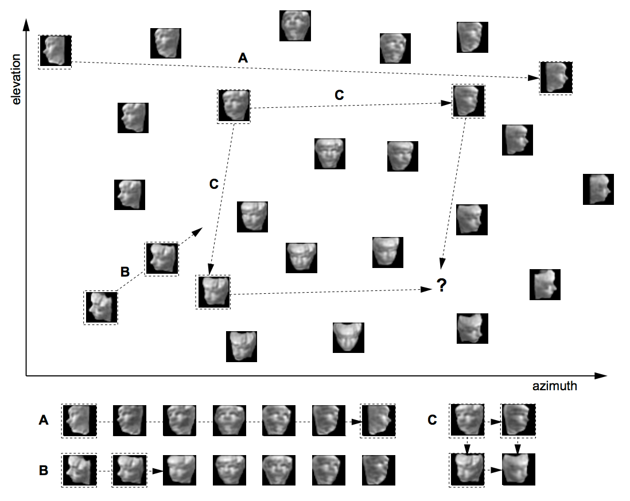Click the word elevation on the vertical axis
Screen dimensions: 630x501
click(16, 80)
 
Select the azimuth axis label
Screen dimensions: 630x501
click(554, 386)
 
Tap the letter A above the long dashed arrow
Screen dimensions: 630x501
click(243, 59)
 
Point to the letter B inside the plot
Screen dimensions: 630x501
click(125, 271)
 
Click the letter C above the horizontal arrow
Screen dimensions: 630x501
click(339, 95)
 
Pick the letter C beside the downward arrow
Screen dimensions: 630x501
click(214, 184)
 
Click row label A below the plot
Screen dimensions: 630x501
click(44, 420)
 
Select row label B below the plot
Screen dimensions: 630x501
click(44, 470)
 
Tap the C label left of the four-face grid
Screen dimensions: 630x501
click(432, 420)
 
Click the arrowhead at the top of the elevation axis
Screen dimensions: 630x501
click(26, 24)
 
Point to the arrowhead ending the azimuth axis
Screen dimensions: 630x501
click(600, 376)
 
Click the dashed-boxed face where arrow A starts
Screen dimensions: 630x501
click(55, 52)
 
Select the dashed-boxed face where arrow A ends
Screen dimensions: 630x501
click(555, 78)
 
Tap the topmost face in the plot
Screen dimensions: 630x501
click(295, 26)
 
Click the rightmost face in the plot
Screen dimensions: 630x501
click(598, 189)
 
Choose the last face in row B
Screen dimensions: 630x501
click(379, 470)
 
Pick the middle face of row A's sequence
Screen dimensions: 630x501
click(229, 421)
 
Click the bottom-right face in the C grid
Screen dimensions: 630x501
click(518, 469)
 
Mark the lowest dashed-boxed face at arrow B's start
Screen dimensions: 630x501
click(100, 308)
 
